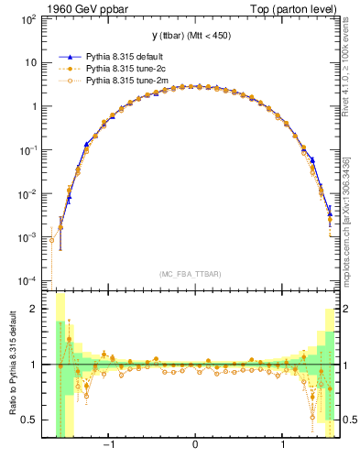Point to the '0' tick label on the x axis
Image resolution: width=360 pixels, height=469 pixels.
click(x=195, y=445)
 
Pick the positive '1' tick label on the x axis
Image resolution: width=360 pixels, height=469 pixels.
click(x=283, y=445)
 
